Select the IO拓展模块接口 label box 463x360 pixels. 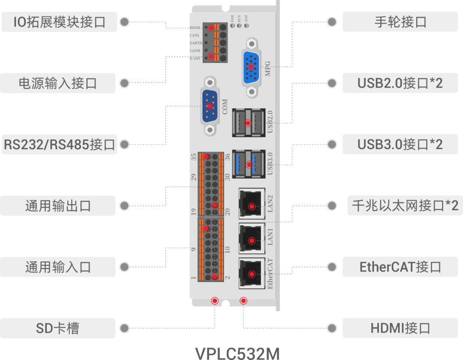[59, 22]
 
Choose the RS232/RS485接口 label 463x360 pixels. [59, 145]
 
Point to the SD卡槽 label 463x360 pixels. [58, 329]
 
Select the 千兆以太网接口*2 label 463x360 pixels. [405, 206]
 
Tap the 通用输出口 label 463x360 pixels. [58, 206]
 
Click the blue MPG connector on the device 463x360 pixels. [251, 67]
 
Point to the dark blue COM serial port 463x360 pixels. [210, 106]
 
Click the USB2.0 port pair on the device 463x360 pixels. [248, 123]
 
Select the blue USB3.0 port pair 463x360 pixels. [248, 163]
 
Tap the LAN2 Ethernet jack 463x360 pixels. [252, 207]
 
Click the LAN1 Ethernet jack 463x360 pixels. [252, 240]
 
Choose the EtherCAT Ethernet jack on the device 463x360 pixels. [252, 274]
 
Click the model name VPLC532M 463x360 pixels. [237, 353]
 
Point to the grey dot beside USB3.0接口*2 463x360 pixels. [332, 145]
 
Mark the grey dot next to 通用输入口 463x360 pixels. [124, 267]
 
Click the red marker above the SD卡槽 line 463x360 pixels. [215, 301]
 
